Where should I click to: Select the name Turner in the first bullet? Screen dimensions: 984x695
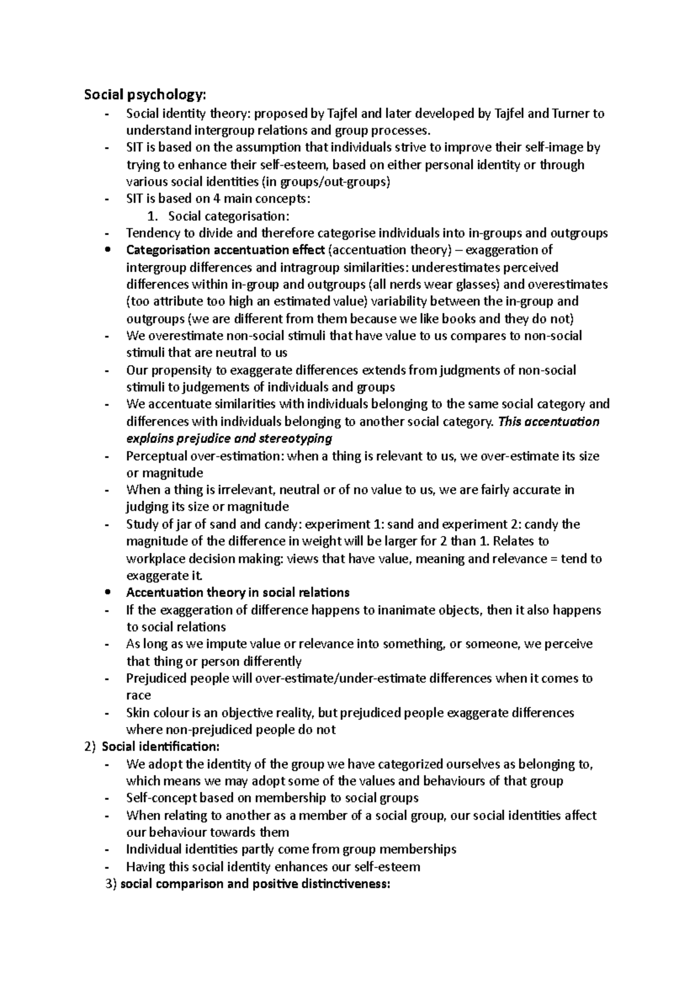tap(571, 114)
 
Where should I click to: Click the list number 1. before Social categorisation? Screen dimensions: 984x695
tap(152, 217)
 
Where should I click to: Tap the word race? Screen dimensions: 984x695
tap(138, 695)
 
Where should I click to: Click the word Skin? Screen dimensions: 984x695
tap(137, 713)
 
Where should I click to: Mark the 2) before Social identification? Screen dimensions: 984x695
tap(89, 747)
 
